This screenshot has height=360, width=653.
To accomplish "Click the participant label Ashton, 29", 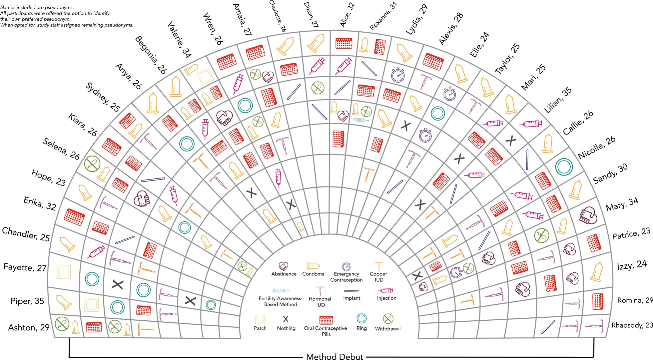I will pyautogui.click(x=29, y=328).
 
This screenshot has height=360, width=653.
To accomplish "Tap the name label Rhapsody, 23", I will pyautogui.click(x=631, y=325).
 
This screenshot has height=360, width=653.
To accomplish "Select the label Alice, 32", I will pyautogui.click(x=347, y=15).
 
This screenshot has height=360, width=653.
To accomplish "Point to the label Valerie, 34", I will pyautogui.click(x=179, y=39).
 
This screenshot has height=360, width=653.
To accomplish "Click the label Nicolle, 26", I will pyautogui.click(x=596, y=148).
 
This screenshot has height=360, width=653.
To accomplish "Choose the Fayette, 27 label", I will pyautogui.click(x=25, y=267).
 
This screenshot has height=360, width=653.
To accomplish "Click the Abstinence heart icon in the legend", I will pyautogui.click(x=284, y=266).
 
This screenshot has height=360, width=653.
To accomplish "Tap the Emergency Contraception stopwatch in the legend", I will pyautogui.click(x=346, y=266).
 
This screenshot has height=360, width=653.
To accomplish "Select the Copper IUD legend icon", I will pyautogui.click(x=378, y=266).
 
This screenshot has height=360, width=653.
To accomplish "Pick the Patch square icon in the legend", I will pyautogui.click(x=260, y=319).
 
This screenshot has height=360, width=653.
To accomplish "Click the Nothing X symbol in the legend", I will pyautogui.click(x=286, y=319).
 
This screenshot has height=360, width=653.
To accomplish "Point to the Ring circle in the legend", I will pyautogui.click(x=361, y=319).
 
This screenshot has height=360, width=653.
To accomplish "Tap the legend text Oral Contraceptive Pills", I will pyautogui.click(x=326, y=331).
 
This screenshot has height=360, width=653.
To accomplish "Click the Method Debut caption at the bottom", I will pyautogui.click(x=334, y=357).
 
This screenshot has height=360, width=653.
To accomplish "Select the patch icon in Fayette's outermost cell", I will pyautogui.click(x=63, y=271).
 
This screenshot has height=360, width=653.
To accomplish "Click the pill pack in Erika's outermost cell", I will pyautogui.click(x=74, y=217).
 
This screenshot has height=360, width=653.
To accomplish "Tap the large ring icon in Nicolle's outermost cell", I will pyautogui.click(x=564, y=167).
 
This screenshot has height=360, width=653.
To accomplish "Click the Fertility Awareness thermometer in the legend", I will pyautogui.click(x=281, y=290).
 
